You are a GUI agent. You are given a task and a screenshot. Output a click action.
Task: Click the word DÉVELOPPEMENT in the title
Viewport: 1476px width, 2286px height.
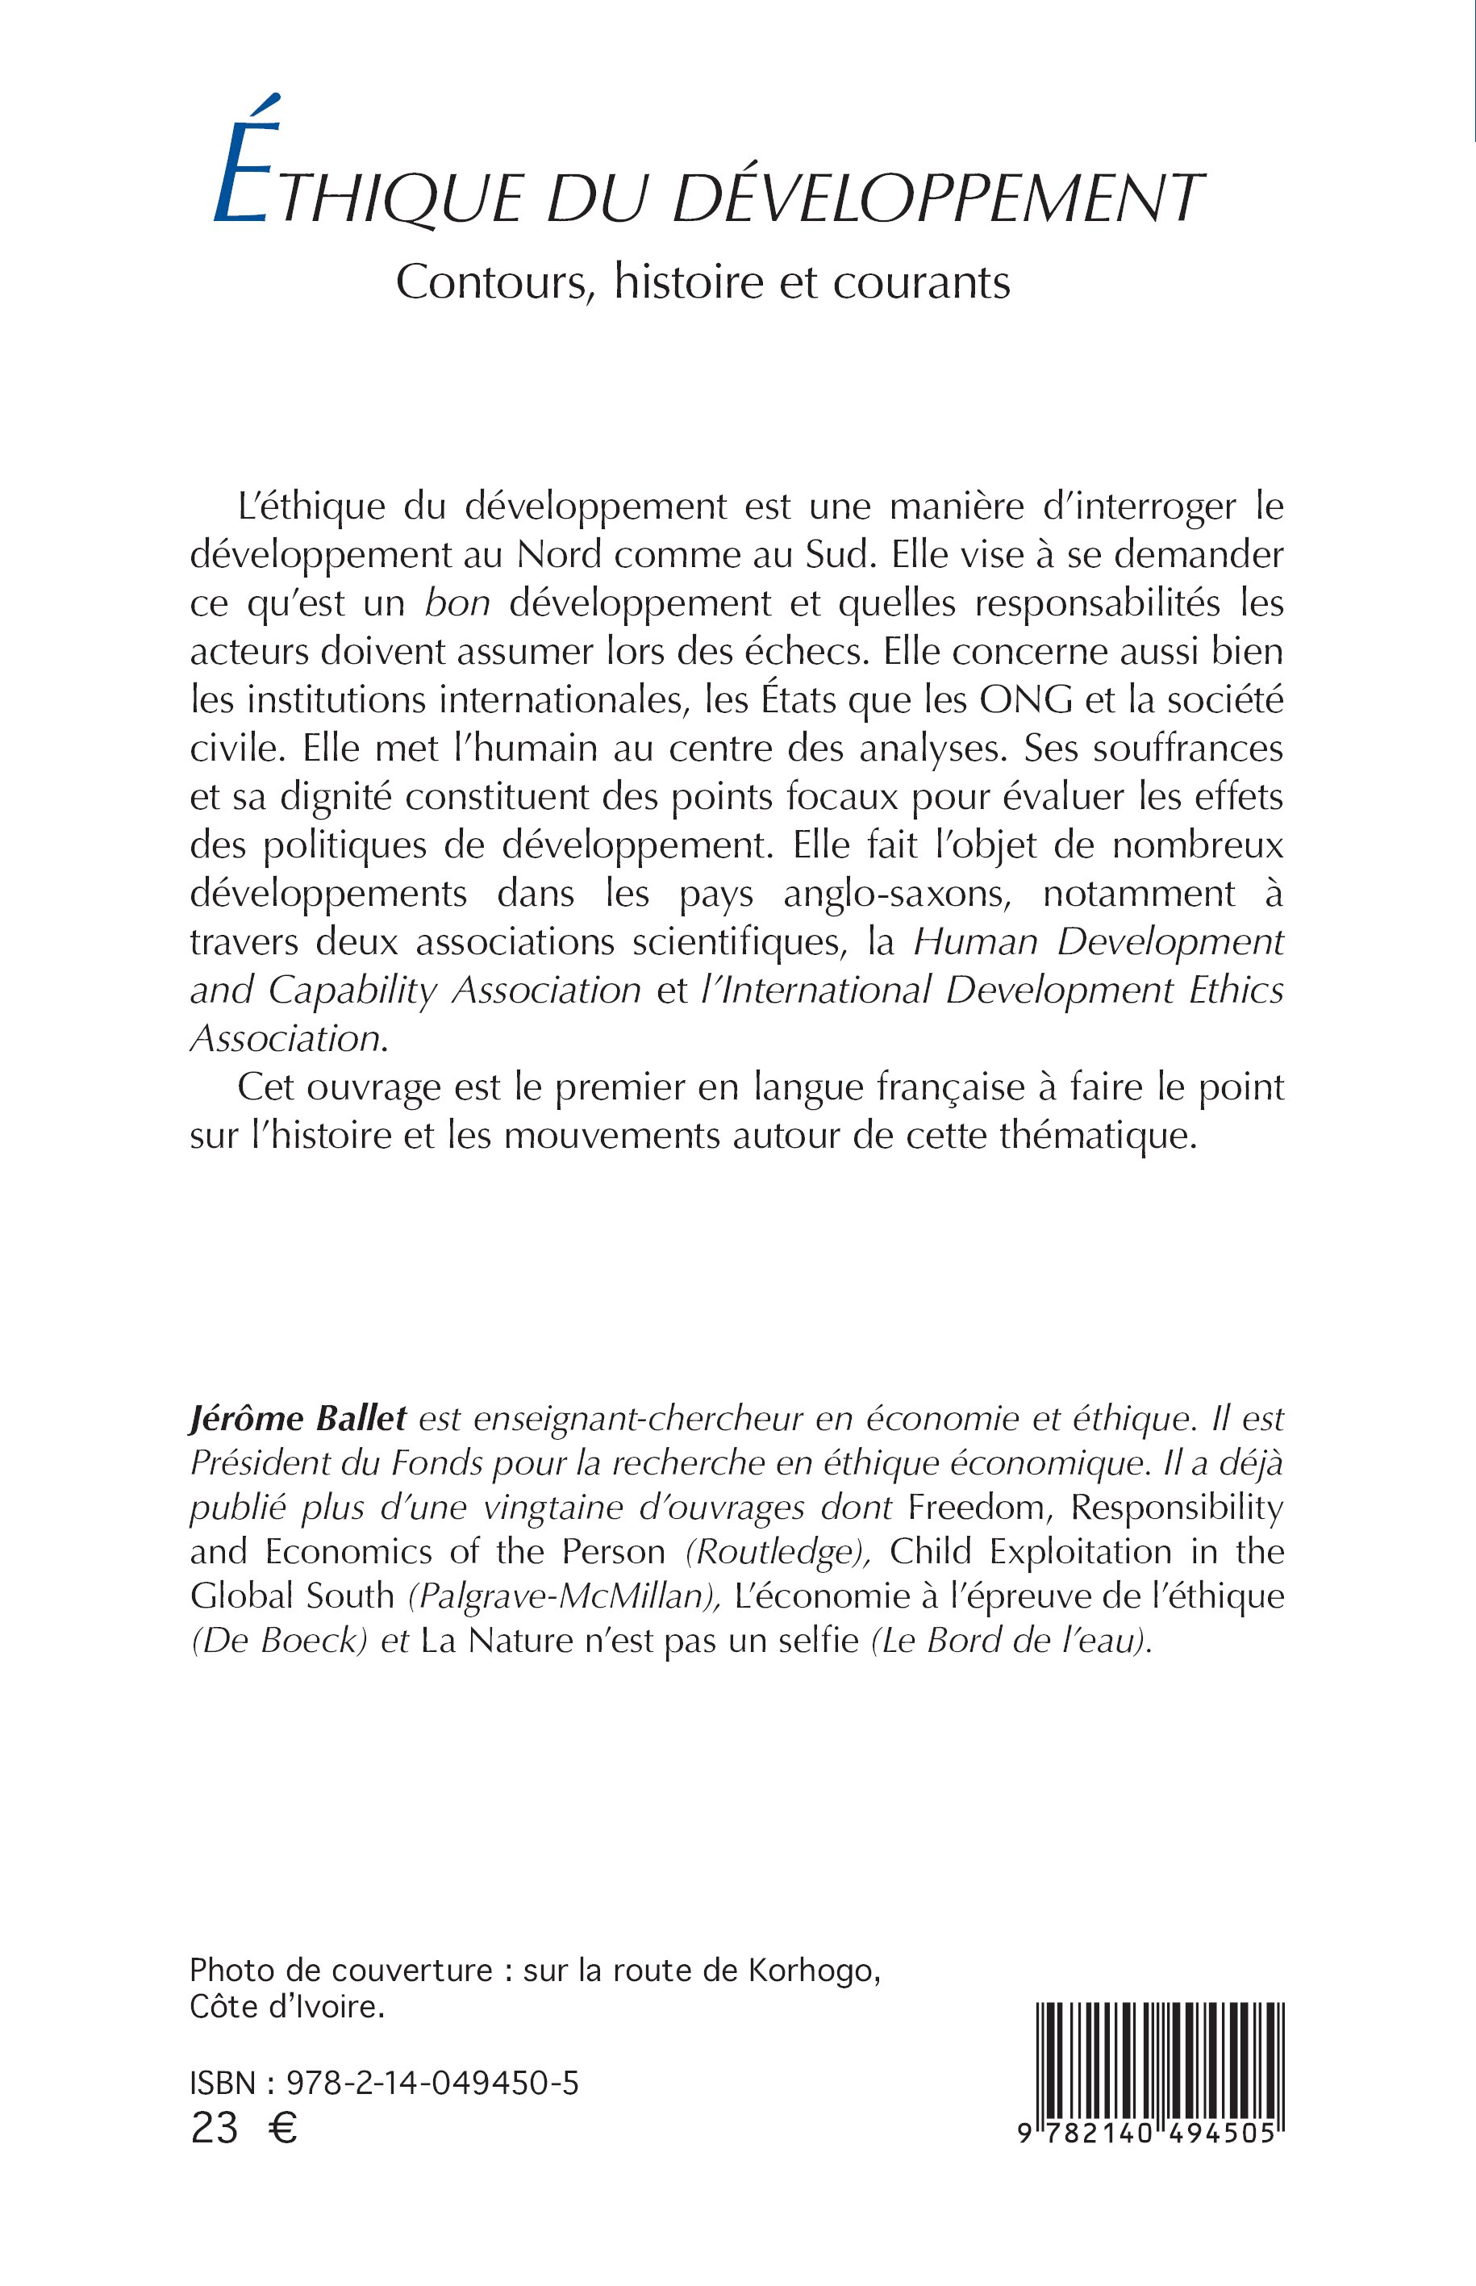935,198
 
